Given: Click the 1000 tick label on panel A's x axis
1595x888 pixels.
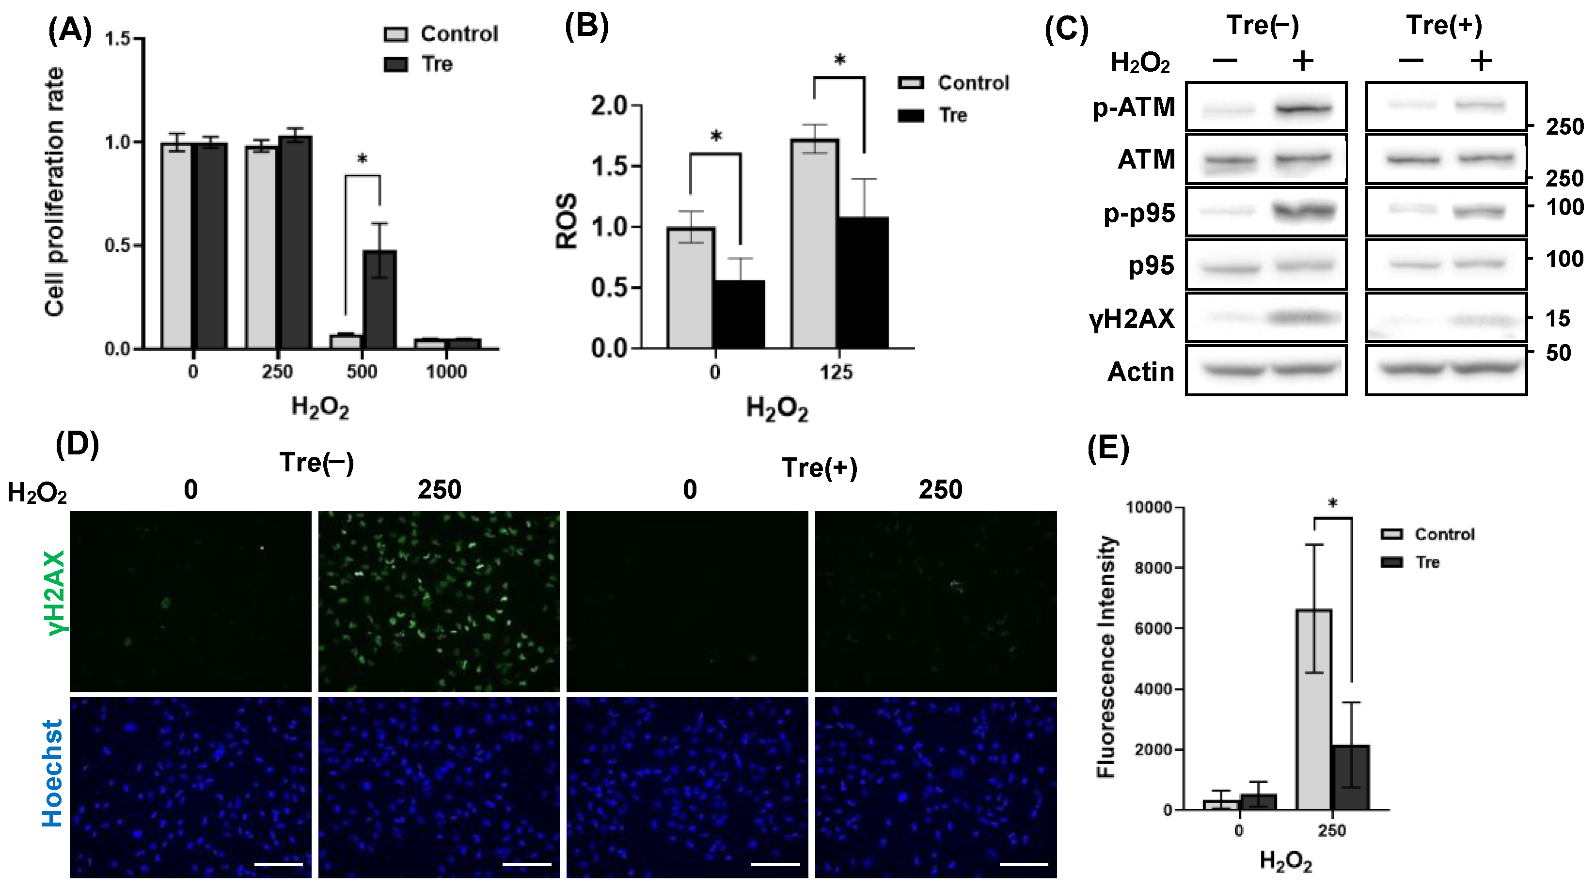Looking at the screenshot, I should (x=446, y=372).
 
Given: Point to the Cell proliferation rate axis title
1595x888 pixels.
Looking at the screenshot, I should (x=54, y=192).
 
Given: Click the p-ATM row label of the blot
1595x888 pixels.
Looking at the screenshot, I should (x=1133, y=108).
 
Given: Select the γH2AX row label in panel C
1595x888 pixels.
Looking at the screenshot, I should (x=1131, y=319).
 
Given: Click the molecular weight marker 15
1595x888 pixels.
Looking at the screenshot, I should (x=1557, y=319).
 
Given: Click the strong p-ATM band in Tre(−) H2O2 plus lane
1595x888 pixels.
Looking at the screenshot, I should (x=1303, y=109).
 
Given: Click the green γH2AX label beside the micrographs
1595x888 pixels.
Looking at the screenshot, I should (x=54, y=593).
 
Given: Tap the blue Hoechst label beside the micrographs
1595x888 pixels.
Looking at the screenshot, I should (x=53, y=774).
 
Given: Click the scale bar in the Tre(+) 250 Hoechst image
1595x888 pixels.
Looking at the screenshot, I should (x=1024, y=864).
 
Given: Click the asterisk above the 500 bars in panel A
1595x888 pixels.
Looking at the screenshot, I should (x=362, y=160).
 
